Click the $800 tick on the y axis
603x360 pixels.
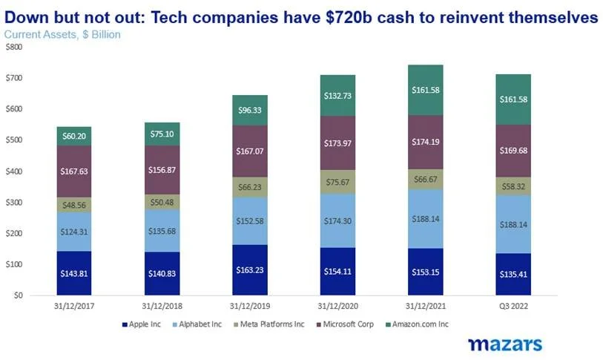[x=14, y=47]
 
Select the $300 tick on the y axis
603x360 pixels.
[x=14, y=203]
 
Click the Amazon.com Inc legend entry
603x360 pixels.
[x=421, y=324]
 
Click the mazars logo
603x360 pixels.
[x=504, y=344]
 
